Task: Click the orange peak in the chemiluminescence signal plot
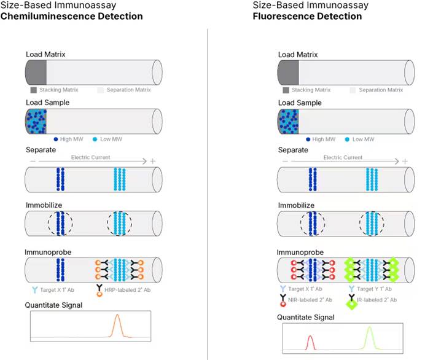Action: tap(117, 326)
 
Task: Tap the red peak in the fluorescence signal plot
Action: tap(310, 342)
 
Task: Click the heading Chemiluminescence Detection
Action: tap(71, 17)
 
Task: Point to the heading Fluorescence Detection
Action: tap(307, 17)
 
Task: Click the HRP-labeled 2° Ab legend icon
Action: tap(100, 291)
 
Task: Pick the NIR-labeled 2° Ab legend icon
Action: tap(283, 300)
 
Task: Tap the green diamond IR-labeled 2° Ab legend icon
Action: tap(351, 302)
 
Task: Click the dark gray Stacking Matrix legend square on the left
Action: tap(33, 90)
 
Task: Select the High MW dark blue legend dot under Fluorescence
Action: tap(308, 139)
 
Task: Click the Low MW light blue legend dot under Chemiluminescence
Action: tap(95, 139)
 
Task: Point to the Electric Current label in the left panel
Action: tap(90, 157)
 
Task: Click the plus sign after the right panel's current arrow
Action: tap(405, 161)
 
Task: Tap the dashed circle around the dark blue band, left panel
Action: tap(60, 224)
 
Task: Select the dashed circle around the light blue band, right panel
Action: tap(372, 224)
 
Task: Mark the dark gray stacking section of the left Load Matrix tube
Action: tap(36, 72)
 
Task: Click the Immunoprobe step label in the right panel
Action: tap(300, 252)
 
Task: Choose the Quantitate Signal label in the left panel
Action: tap(53, 305)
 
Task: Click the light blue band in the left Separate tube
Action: tap(120, 179)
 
